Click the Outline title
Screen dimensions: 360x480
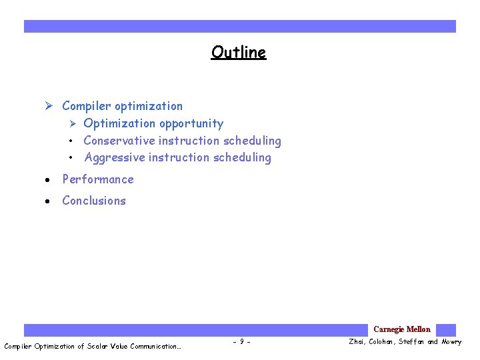238,52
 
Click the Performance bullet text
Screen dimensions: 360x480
97,179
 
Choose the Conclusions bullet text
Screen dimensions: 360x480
93,201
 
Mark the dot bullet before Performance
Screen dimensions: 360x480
49,180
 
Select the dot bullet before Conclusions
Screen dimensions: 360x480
49,201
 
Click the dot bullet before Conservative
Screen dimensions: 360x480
70,141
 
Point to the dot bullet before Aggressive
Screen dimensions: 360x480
70,158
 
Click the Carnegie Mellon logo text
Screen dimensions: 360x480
401,329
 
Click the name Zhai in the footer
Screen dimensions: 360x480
357,343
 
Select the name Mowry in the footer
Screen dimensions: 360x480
451,343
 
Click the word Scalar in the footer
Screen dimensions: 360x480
99,346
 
